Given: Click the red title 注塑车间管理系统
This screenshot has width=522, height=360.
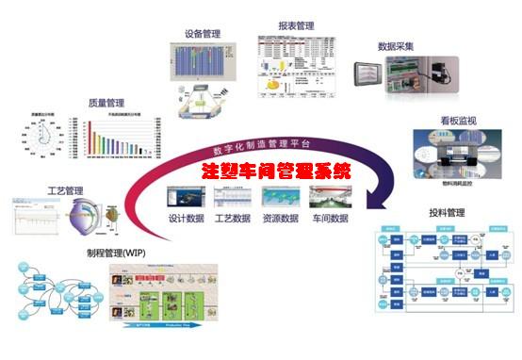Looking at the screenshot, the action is (x=275, y=172).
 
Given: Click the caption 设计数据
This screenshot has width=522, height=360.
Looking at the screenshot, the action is (x=187, y=219).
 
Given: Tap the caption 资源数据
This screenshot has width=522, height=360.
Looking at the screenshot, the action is (x=282, y=219).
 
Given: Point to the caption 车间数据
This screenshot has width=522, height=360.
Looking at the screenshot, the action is (x=329, y=219).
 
